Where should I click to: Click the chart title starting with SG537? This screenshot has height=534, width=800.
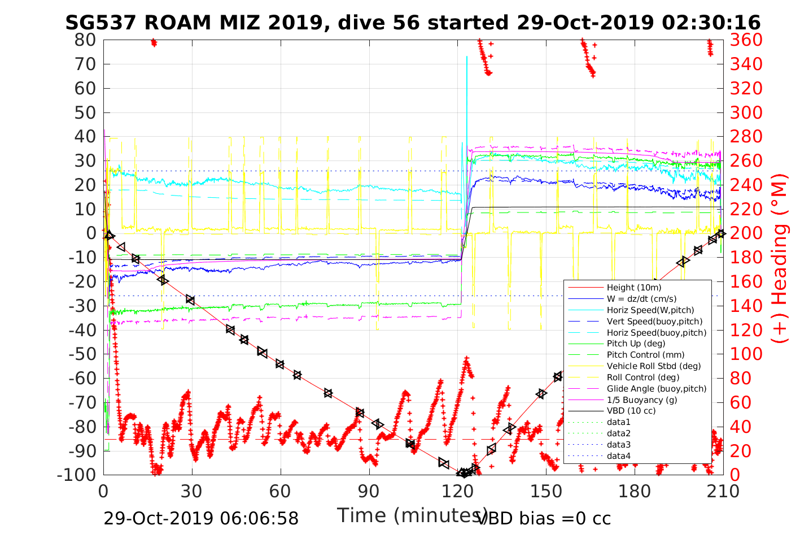[413, 23]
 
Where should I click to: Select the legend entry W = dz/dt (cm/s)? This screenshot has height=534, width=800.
[641, 299]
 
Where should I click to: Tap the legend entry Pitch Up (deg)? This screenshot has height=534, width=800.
[636, 344]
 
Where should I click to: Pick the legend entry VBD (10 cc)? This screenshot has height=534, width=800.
[631, 411]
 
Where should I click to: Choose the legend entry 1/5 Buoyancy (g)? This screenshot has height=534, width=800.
[642, 400]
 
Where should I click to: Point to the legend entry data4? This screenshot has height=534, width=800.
[618, 455]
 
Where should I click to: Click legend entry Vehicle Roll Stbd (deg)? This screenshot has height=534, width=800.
[653, 366]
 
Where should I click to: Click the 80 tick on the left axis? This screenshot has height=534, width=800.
[85, 40]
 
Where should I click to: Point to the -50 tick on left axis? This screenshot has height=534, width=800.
[82, 354]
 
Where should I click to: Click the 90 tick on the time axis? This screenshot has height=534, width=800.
[369, 492]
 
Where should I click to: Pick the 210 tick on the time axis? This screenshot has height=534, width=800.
[723, 492]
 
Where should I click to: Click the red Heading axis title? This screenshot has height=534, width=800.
[780, 283]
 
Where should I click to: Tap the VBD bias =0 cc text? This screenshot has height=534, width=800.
[544, 518]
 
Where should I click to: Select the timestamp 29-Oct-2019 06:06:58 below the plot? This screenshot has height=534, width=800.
[201, 518]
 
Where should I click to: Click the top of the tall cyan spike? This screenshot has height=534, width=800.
[466, 57]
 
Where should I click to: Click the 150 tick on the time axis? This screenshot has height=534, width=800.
[547, 492]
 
